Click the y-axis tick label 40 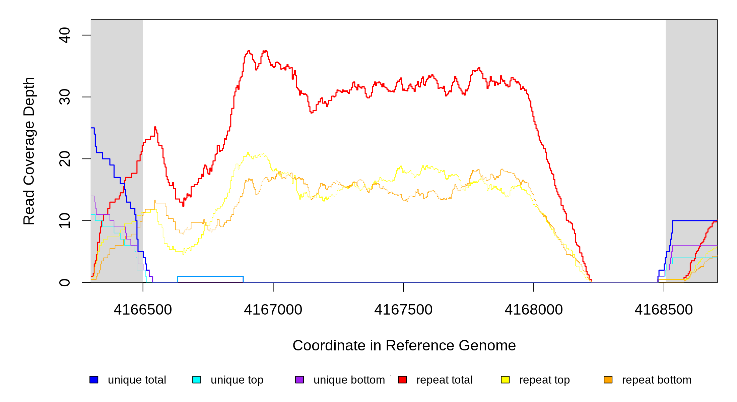point(65,35)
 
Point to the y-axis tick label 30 point(65,97)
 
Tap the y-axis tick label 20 point(65,159)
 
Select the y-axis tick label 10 point(65,221)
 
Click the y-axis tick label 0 point(65,282)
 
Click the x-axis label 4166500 point(143,310)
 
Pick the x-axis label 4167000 point(273,310)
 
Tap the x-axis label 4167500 point(403,310)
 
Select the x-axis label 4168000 point(534,310)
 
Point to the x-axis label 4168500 point(664,310)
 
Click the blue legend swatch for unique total point(94,380)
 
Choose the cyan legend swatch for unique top point(197,380)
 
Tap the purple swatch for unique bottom point(299,380)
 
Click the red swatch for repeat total point(402,380)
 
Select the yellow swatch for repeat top point(505,380)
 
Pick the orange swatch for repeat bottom point(608,380)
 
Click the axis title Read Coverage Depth point(29,151)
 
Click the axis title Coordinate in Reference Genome point(404,345)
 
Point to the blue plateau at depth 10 point(693,221)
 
